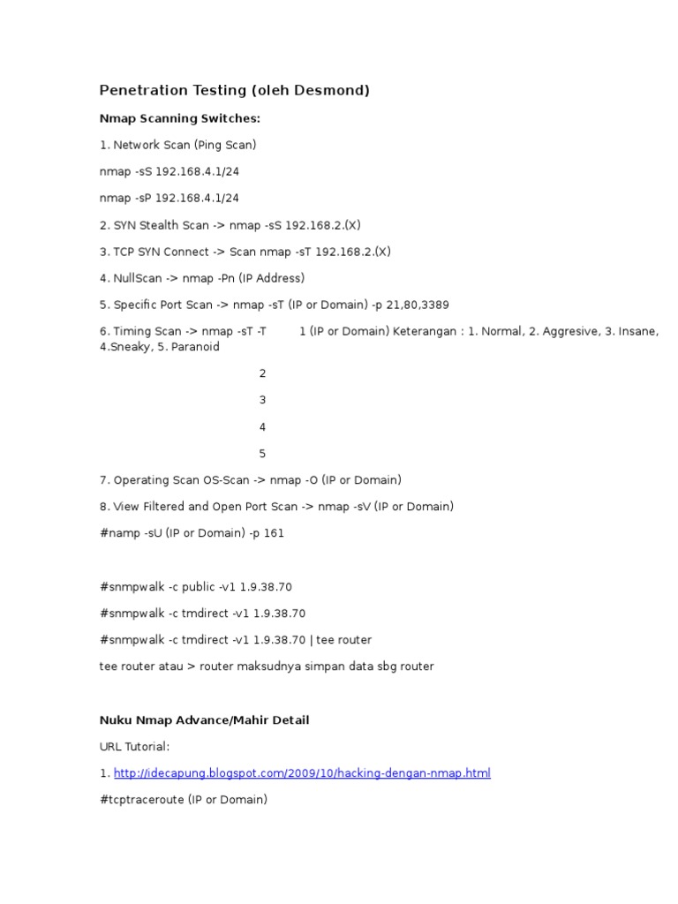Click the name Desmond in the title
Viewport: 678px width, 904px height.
pyautogui.click(x=335, y=90)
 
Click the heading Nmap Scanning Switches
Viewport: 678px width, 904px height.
pyautogui.click(x=180, y=118)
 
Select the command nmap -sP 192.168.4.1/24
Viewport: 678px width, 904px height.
pyautogui.click(x=169, y=198)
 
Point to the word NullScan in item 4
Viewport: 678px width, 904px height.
pyautogui.click(x=138, y=278)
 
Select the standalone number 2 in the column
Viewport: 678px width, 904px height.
pyautogui.click(x=262, y=373)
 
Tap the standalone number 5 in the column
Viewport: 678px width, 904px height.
pyautogui.click(x=262, y=454)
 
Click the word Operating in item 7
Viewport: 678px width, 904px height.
pyautogui.click(x=141, y=480)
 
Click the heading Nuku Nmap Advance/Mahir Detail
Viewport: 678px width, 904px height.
pyautogui.click(x=205, y=720)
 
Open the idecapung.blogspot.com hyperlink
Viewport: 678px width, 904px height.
pyautogui.click(x=302, y=773)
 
